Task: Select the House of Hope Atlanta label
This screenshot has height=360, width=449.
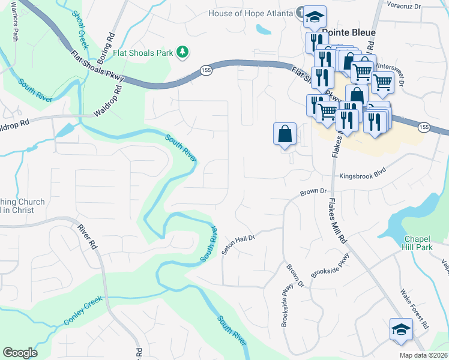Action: click(x=251, y=14)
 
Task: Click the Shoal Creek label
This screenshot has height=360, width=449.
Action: click(x=79, y=31)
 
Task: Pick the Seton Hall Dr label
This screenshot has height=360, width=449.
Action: click(x=238, y=245)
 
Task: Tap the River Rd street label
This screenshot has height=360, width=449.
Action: click(x=86, y=236)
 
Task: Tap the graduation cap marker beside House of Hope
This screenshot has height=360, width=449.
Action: click(x=314, y=18)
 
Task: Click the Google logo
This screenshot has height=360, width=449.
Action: click(x=20, y=353)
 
